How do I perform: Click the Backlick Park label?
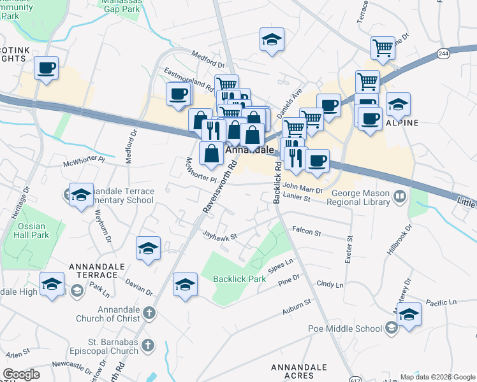[239, 279]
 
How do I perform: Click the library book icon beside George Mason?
[400, 195]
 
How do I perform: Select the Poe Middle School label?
[352, 329]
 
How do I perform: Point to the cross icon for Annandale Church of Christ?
[148, 313]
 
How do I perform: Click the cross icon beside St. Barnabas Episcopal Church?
[147, 345]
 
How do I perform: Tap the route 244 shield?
[443, 55]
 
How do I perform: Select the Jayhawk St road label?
[219, 236]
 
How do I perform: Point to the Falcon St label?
[306, 233]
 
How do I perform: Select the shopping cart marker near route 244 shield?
[383, 47]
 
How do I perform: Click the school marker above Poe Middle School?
[409, 315]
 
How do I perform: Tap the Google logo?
[21, 374]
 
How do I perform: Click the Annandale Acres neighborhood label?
[299, 371]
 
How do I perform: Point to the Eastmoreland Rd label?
[188, 78]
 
